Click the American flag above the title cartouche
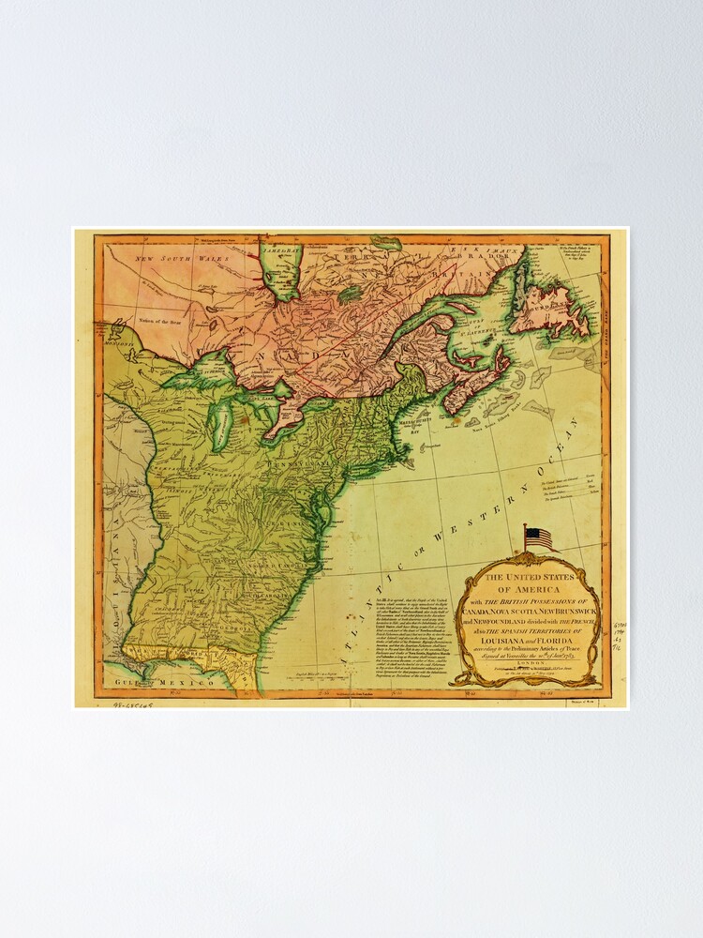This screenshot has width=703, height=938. [x=538, y=538]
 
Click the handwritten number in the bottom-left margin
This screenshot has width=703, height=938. [x=132, y=703]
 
